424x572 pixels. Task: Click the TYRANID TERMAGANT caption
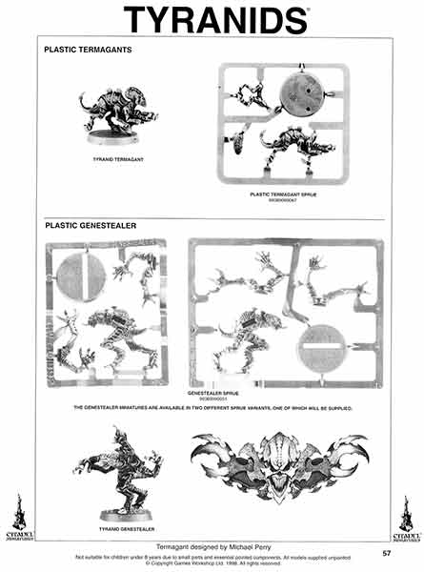(112, 158)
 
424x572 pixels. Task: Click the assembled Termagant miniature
(112, 114)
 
